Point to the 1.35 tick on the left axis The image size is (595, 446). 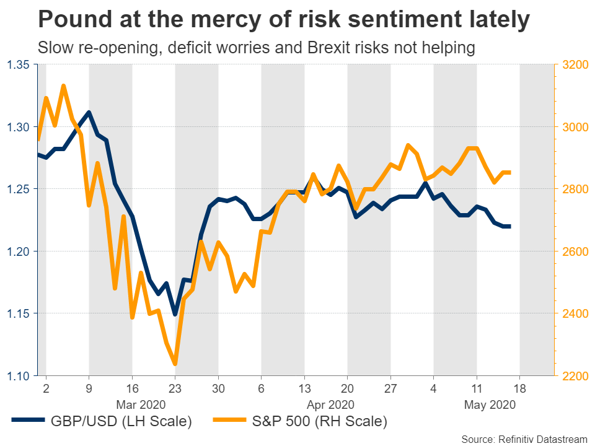click(x=21, y=64)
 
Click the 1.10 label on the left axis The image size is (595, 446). click(x=21, y=376)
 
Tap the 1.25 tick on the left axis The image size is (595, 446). click(x=21, y=189)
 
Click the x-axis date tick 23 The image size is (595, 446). click(x=175, y=389)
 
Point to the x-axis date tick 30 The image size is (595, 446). click(x=218, y=389)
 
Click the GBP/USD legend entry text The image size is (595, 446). click(x=122, y=422)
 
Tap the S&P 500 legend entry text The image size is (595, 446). click(x=320, y=422)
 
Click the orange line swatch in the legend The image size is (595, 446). click(x=229, y=422)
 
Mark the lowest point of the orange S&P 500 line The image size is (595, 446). click(x=175, y=364)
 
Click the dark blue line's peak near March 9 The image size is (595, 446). click(x=89, y=112)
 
